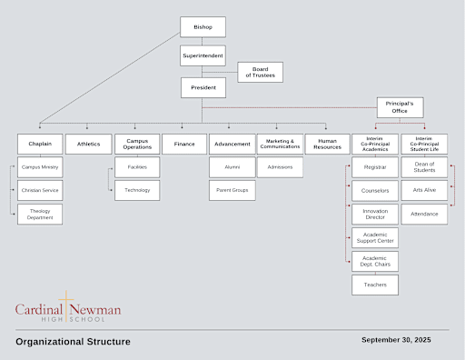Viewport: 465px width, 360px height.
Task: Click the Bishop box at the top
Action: (x=203, y=27)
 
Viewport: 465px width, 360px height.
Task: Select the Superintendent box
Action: (x=203, y=57)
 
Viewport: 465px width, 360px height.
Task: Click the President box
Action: (x=203, y=88)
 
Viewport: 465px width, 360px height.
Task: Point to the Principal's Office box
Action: (x=401, y=108)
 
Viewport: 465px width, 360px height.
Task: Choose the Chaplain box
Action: (x=40, y=144)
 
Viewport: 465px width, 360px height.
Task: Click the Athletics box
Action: (x=89, y=144)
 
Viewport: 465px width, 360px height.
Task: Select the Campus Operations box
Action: (x=137, y=144)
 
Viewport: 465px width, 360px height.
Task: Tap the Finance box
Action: (x=184, y=144)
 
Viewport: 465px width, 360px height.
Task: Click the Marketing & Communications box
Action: (x=280, y=144)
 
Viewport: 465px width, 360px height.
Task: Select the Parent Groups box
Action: (x=232, y=190)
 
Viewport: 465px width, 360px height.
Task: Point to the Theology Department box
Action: (x=40, y=215)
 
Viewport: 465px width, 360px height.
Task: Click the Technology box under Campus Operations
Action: (x=137, y=190)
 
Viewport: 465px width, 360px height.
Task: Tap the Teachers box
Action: (x=375, y=285)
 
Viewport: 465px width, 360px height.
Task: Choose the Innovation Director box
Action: (x=375, y=215)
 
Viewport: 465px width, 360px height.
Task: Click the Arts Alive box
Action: (x=424, y=190)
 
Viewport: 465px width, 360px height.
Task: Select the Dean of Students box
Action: (x=424, y=166)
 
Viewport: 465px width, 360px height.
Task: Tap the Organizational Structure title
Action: (x=73, y=342)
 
